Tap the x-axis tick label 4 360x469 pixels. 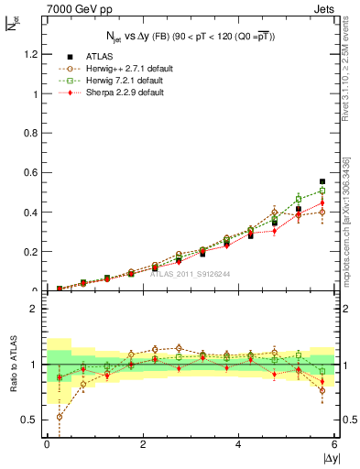tap(239, 444)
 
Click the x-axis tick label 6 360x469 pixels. tap(335, 444)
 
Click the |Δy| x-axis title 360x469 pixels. tap(328, 458)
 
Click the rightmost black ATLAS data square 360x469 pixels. tap(322, 181)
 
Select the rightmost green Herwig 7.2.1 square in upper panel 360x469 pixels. tap(322, 191)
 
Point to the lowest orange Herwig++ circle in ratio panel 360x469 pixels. tap(60, 417)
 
